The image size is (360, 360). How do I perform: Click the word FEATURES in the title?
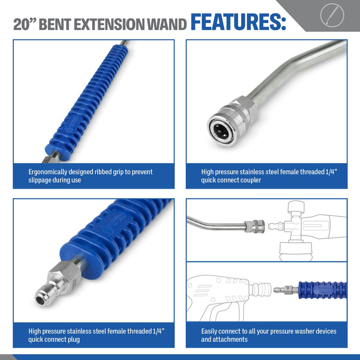[x=238, y=22]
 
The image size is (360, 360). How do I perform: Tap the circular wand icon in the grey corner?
[x=332, y=15]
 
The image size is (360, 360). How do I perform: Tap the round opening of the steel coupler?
[x=221, y=132]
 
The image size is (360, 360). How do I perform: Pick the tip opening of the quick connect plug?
[x=40, y=300]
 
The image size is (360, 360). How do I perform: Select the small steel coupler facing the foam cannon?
[x=255, y=226]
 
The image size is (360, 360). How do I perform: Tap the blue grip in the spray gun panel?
[x=322, y=290]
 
